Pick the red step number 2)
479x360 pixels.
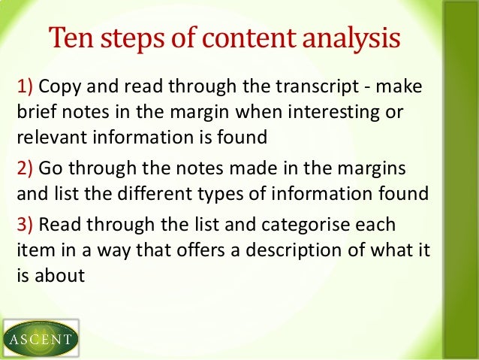pos(24,168)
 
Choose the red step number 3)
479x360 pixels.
pos(24,225)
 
